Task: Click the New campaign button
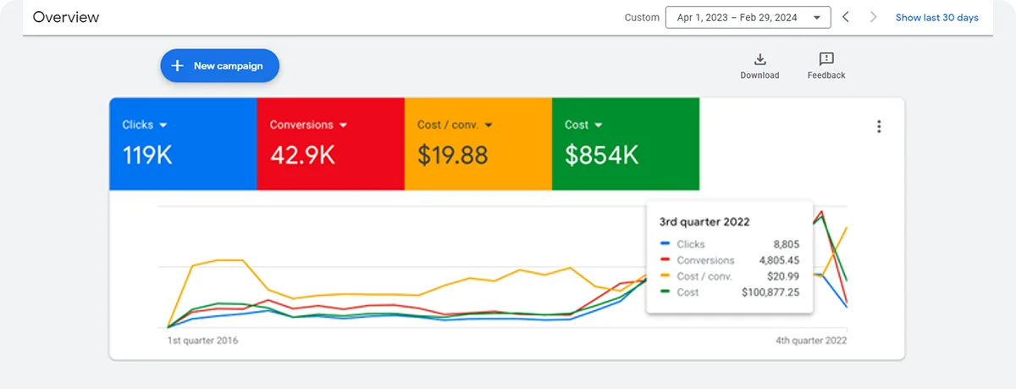coord(219,65)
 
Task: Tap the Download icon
coord(759,59)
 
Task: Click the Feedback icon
coord(826,59)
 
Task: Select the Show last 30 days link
coord(936,18)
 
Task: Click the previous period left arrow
coord(845,17)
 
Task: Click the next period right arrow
coord(874,17)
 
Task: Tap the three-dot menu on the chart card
coord(879,127)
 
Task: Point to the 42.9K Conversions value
coord(301,155)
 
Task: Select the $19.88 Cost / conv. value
coord(452,155)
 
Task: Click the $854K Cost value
coord(601,155)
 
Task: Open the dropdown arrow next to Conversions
coord(344,125)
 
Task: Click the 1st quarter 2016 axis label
coord(202,341)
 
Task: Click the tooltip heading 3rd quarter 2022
coord(704,222)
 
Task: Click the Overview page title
coord(66,17)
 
